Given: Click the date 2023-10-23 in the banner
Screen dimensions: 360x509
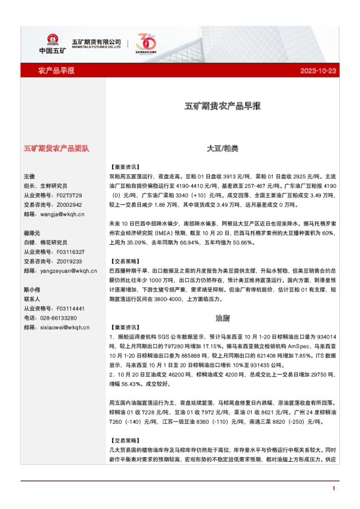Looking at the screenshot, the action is (x=318, y=71).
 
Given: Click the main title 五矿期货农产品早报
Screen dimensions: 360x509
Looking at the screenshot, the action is (x=222, y=106).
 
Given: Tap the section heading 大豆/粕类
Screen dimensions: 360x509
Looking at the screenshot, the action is (x=222, y=148).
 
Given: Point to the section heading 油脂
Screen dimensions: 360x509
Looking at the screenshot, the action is (x=222, y=317).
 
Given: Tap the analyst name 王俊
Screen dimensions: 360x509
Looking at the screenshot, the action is (x=30, y=176).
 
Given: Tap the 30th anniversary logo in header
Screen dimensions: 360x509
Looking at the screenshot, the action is (x=146, y=43).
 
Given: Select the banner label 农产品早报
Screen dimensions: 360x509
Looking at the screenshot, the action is (x=56, y=71).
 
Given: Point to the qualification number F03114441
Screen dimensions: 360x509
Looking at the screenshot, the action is (x=70, y=308).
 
